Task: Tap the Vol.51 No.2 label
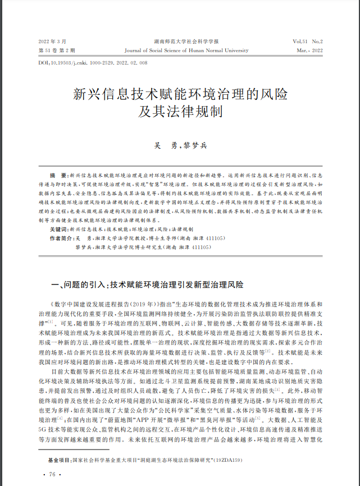(307, 42)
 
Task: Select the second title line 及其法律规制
(180, 111)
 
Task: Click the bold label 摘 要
(59, 176)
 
